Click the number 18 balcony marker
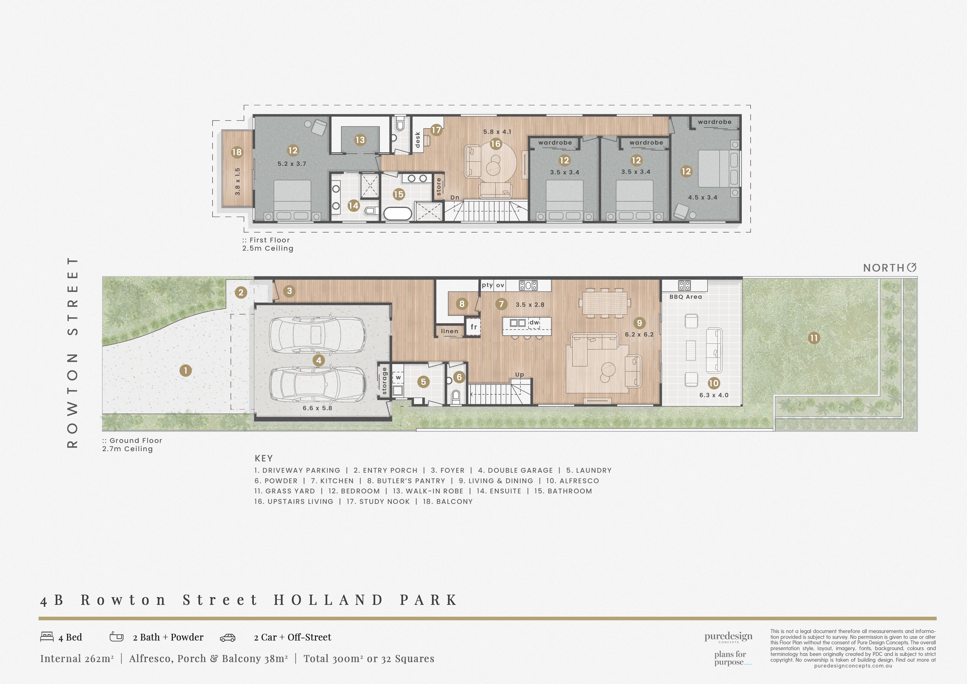tap(237, 152)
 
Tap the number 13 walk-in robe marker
tap(360, 140)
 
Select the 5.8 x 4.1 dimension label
tap(497, 132)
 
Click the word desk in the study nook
tap(417, 140)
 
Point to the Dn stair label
tap(455, 197)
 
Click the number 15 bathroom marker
tap(398, 194)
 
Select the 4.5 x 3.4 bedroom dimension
tap(702, 197)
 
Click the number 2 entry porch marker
tap(241, 292)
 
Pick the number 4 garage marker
tap(319, 360)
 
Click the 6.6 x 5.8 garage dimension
tap(317, 408)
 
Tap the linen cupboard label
tap(449, 331)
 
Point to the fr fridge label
tap(474, 327)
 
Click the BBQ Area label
tap(686, 297)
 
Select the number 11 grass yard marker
tap(814, 338)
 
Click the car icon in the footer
tap(227, 638)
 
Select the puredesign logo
tap(728, 637)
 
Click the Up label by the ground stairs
tap(520, 375)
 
